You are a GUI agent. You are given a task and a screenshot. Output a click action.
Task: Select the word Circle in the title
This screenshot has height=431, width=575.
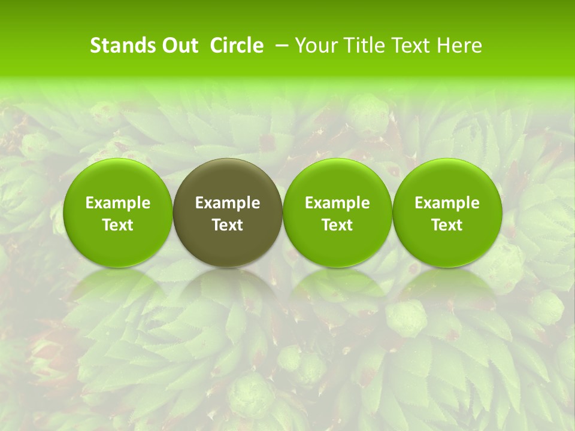pyautogui.click(x=237, y=45)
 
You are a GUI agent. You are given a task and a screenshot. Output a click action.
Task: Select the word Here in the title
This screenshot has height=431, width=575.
pyautogui.click(x=459, y=45)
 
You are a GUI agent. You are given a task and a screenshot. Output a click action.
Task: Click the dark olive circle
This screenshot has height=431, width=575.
pyautogui.click(x=228, y=180)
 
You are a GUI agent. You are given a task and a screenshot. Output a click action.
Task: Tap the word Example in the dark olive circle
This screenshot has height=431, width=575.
pyautogui.click(x=228, y=203)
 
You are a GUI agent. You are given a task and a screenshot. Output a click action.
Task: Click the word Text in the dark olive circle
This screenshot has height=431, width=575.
pyautogui.click(x=228, y=225)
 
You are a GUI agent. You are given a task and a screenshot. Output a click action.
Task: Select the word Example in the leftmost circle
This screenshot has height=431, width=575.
pyautogui.click(x=118, y=203)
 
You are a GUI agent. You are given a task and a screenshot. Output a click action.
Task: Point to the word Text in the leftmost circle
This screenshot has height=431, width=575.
pyautogui.click(x=118, y=225)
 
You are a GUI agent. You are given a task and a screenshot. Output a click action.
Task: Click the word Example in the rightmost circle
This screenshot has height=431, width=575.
pyautogui.click(x=447, y=203)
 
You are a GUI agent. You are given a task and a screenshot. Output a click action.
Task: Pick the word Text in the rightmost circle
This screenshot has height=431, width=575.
pyautogui.click(x=447, y=225)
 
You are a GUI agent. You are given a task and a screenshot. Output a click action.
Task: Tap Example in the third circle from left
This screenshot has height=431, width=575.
pyautogui.click(x=337, y=203)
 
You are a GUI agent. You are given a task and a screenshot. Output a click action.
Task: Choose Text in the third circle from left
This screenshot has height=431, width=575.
pyautogui.click(x=337, y=225)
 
